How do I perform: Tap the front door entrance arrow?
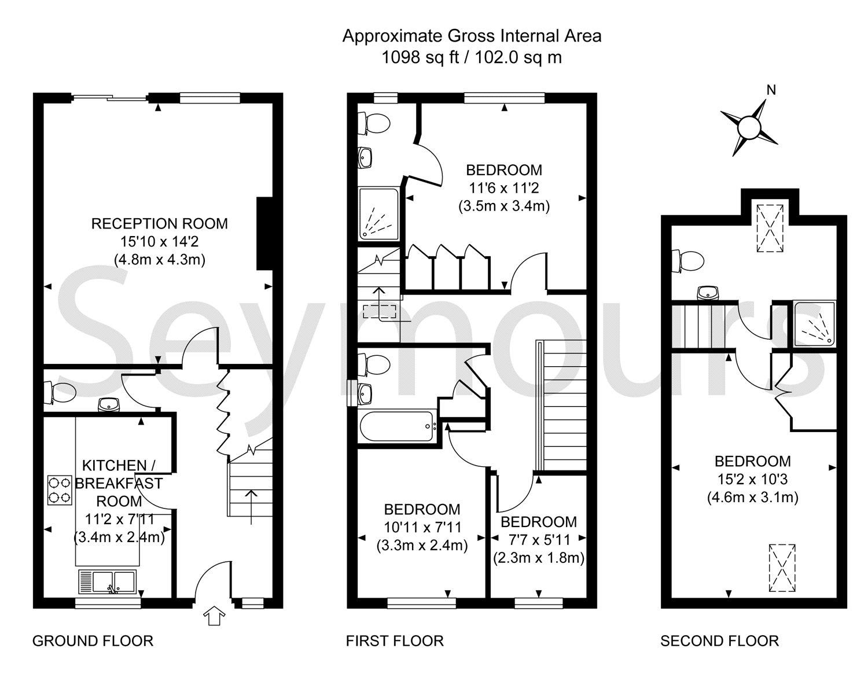click(x=214, y=616)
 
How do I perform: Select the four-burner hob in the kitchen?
click(x=60, y=490)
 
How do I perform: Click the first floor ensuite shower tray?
click(x=378, y=215)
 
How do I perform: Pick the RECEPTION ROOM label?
click(x=159, y=224)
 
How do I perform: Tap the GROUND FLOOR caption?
click(x=93, y=641)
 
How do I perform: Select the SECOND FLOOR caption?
click(x=719, y=641)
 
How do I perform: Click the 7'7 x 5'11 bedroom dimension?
click(x=539, y=539)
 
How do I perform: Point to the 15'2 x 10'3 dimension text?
click(x=753, y=479)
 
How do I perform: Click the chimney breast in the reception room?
click(x=264, y=234)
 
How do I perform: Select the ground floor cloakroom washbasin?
click(x=109, y=404)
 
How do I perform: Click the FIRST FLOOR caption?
click(x=395, y=641)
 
